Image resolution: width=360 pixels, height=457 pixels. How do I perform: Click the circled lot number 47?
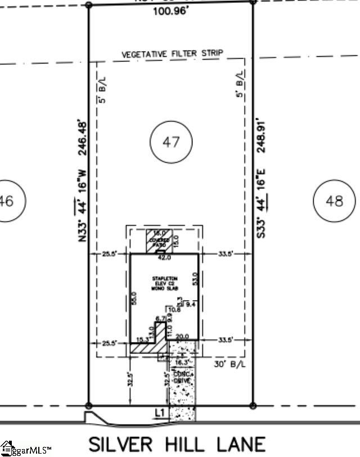pyautogui.click(x=172, y=141)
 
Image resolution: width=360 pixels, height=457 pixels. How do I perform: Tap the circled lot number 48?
pyautogui.click(x=334, y=201)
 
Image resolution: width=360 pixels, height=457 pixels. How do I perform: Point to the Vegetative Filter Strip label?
pyautogui.click(x=173, y=53)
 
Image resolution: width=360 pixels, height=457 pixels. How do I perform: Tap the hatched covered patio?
pyautogui.click(x=158, y=241)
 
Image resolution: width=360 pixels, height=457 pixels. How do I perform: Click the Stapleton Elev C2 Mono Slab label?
pyautogui.click(x=164, y=283)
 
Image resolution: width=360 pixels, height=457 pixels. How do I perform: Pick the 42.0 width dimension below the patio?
pyautogui.click(x=164, y=258)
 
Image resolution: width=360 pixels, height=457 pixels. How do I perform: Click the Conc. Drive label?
pyautogui.click(x=182, y=377)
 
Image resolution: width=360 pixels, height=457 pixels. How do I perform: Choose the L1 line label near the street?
pyautogui.click(x=160, y=413)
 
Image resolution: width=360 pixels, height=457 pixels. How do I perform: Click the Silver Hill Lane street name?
pyautogui.click(x=177, y=444)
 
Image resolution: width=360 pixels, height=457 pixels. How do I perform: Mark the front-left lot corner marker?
pyautogui.click(x=88, y=405)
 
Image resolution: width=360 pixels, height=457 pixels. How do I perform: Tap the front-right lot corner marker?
pyautogui.click(x=253, y=405)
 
